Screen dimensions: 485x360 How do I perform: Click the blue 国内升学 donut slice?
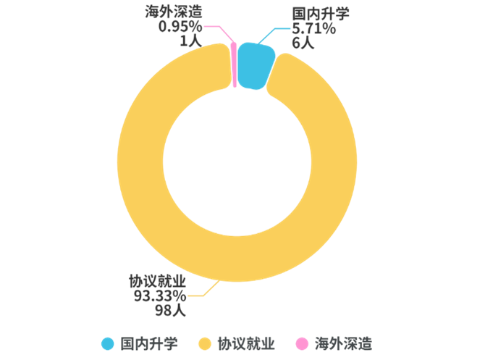tap(256, 64)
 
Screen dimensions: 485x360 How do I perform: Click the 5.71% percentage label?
tap(313, 29)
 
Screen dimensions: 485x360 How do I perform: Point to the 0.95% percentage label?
tap(180, 27)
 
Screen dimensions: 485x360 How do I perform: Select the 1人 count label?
tap(190, 41)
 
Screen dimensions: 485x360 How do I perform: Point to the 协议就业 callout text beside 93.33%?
tap(157, 281)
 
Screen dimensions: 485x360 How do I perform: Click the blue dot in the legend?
tap(108, 343)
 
